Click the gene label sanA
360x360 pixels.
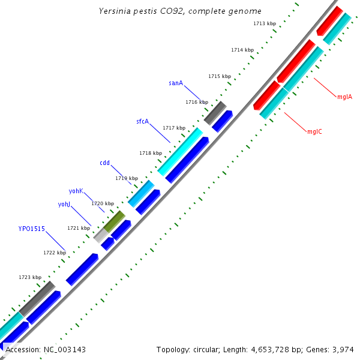tap(176, 83)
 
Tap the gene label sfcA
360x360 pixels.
tap(142, 121)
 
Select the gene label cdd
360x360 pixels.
tap(104, 163)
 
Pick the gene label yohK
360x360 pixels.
tap(76, 191)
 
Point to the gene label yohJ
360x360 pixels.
tap(64, 204)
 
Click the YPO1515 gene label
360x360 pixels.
tap(31, 229)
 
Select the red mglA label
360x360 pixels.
tap(344, 96)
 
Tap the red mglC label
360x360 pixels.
tap(314, 131)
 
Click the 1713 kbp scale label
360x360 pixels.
tap(265, 23)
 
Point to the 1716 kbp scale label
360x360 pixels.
tap(197, 102)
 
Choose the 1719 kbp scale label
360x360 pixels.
tap(127, 178)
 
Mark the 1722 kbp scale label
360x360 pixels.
tap(55, 253)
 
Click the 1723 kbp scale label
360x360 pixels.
tap(30, 277)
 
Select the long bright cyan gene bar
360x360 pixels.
tap(180, 151)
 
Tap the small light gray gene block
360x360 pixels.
tap(100, 236)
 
